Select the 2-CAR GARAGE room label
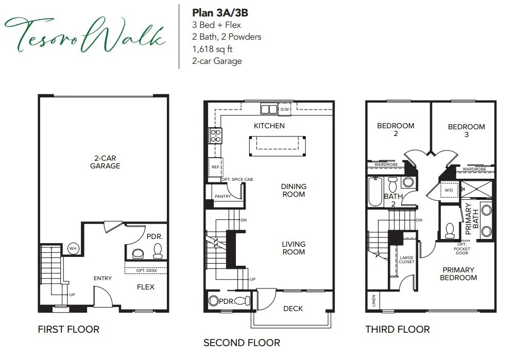pyautogui.click(x=105, y=162)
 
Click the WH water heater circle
pyautogui.click(x=73, y=248)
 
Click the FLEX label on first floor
pyautogui.click(x=146, y=287)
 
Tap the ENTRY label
pyautogui.click(x=102, y=279)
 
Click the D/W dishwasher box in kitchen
pyautogui.click(x=285, y=109)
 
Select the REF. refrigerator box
pyautogui.click(x=215, y=167)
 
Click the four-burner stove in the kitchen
pyautogui.click(x=215, y=135)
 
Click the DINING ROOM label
pyautogui.click(x=294, y=190)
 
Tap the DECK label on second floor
pyautogui.click(x=293, y=308)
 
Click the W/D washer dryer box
pyautogui.click(x=448, y=191)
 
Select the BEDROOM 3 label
pyautogui.click(x=466, y=130)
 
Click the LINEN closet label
pyautogui.click(x=373, y=300)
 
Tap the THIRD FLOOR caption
pyautogui.click(x=397, y=329)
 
